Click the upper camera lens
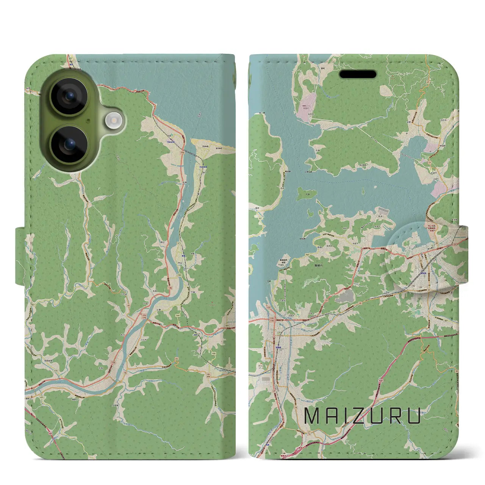pyautogui.click(x=69, y=96)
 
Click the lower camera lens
pyautogui.click(x=69, y=144)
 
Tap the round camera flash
pyautogui.click(x=112, y=122)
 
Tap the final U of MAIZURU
pyautogui.click(x=414, y=416)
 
